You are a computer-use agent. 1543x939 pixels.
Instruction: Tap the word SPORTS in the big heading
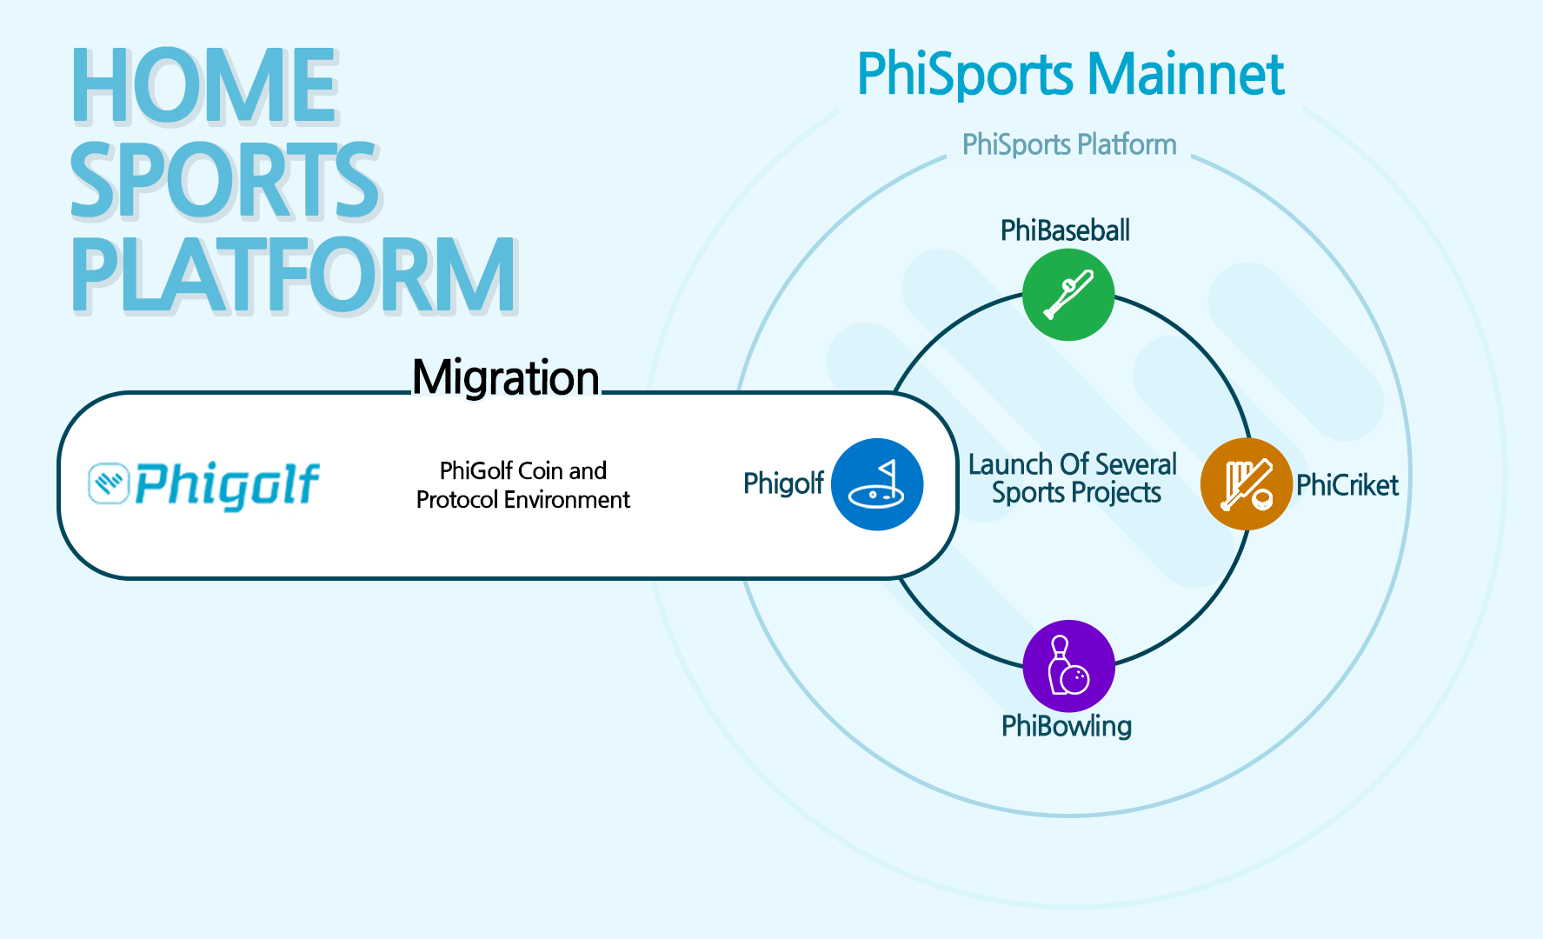click(224, 180)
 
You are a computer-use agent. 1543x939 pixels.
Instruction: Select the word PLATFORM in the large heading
click(294, 275)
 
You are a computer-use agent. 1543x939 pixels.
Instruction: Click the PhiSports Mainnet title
click(1070, 74)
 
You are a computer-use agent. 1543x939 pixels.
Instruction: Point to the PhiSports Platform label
click(1068, 144)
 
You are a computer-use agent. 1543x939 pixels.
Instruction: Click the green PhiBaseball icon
click(1067, 295)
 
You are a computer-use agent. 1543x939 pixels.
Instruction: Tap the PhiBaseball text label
click(1065, 230)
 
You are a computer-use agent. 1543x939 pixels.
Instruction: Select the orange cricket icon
click(1246, 484)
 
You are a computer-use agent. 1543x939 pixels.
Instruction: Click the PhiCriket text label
click(1347, 485)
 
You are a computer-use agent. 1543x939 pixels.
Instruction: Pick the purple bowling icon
click(1068, 666)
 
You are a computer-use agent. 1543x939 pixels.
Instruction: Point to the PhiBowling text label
click(1067, 726)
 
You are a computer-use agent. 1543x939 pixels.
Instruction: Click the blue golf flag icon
click(877, 484)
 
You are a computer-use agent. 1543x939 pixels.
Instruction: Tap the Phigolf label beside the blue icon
click(783, 483)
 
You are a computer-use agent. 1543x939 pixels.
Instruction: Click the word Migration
click(506, 378)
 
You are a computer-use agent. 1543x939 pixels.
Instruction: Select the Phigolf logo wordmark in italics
click(228, 484)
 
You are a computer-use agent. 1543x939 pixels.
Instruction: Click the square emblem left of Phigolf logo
click(109, 483)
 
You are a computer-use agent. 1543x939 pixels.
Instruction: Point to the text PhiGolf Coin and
click(523, 470)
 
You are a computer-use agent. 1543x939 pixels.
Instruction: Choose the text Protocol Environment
click(523, 500)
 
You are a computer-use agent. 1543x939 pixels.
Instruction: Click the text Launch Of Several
click(1073, 464)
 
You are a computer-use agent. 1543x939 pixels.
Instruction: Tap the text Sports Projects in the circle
click(1076, 493)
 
